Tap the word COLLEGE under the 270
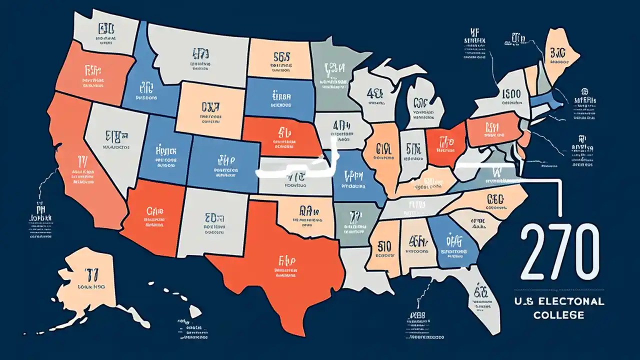tap(558, 315)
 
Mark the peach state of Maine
tap(560, 55)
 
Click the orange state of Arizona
tap(155, 215)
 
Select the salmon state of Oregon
tap(92, 75)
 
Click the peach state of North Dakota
tap(280, 60)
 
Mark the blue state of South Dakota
tap(280, 97)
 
